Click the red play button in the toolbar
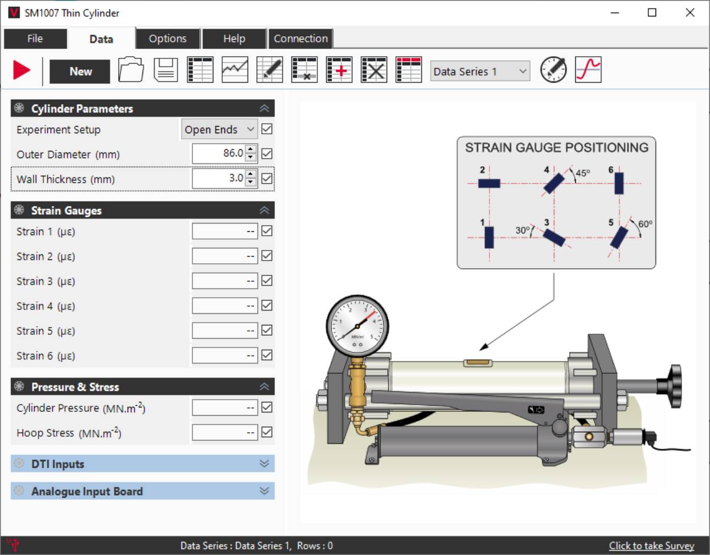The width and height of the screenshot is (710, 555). tap(22, 70)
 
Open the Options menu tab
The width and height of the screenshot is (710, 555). tap(167, 39)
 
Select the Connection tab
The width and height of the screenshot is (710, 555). tap(300, 39)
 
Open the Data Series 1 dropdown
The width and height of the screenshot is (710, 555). tap(480, 71)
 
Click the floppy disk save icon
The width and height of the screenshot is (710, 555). tap(166, 70)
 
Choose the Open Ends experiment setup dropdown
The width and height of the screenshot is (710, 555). tap(219, 129)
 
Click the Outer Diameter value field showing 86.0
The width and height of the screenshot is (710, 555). tap(219, 154)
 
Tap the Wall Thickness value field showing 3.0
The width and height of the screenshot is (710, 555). tap(219, 178)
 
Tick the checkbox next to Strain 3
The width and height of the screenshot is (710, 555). tap(267, 281)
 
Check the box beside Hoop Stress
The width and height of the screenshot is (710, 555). tap(267, 432)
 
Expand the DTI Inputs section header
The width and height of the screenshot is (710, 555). tap(142, 464)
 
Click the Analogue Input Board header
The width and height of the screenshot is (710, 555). tap(142, 491)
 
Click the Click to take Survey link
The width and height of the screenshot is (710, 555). tap(651, 546)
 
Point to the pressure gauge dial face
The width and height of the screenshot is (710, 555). tap(357, 325)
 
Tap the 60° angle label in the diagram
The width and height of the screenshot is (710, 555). tap(645, 224)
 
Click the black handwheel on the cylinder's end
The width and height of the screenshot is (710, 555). tap(674, 379)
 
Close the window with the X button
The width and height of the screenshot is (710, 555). tap(690, 13)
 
